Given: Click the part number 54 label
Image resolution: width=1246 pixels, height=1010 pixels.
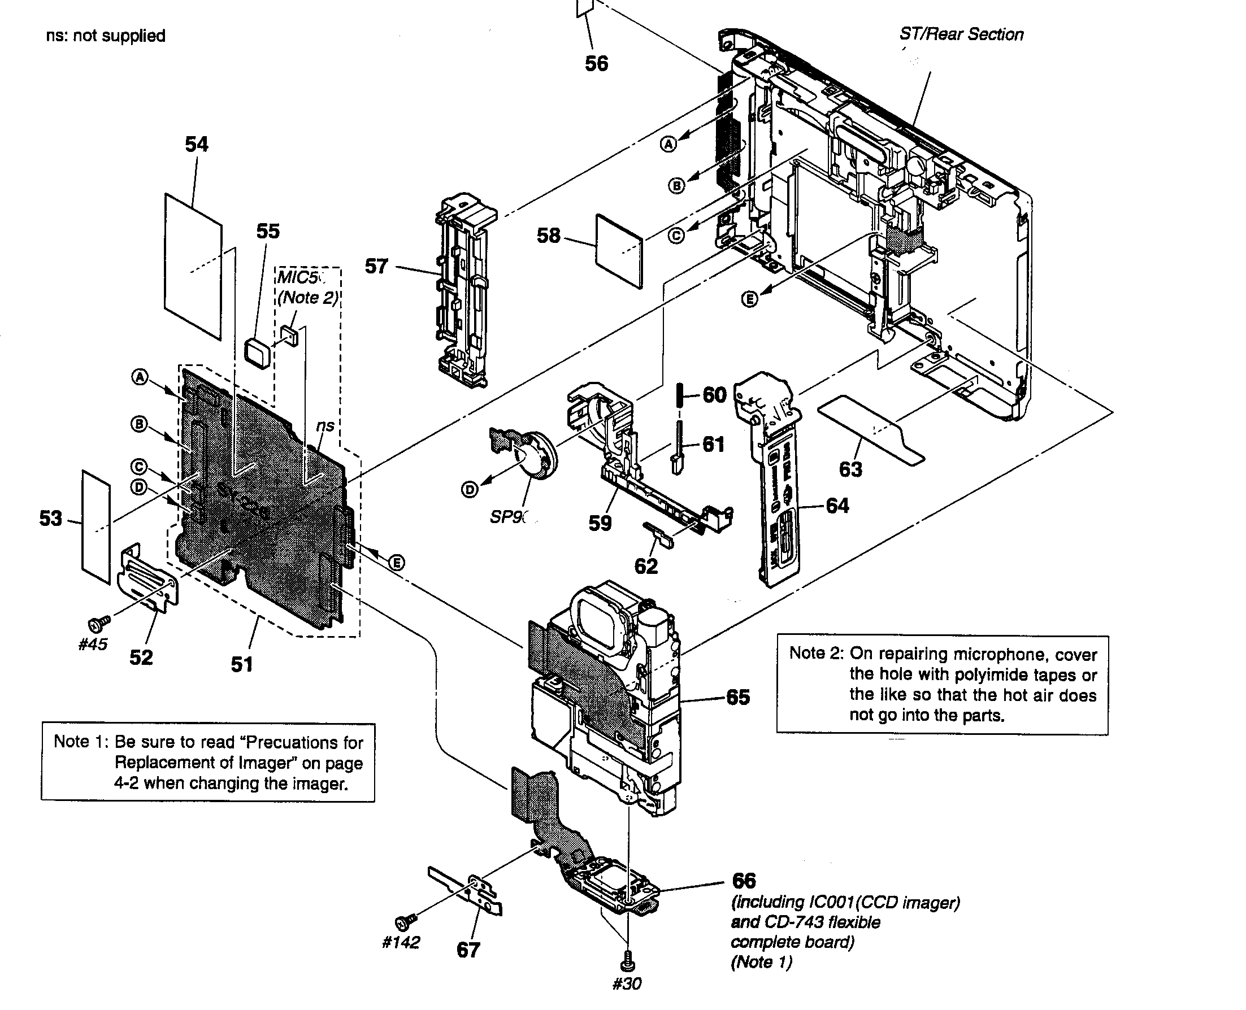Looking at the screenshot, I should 196,143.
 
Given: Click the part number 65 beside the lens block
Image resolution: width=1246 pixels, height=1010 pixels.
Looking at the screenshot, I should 738,697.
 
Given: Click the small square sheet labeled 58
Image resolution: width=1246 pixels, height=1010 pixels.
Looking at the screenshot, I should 619,250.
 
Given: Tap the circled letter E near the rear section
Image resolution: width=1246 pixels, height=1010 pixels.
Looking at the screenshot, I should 750,299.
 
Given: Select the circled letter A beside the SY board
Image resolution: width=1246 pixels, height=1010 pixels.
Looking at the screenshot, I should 140,377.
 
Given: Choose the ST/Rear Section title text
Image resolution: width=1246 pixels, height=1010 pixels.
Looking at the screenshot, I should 961,34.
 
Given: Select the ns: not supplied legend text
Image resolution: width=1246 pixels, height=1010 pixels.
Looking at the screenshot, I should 106,36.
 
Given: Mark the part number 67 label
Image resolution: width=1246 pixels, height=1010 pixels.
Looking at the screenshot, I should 468,950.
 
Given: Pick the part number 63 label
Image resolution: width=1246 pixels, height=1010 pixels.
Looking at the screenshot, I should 850,469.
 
